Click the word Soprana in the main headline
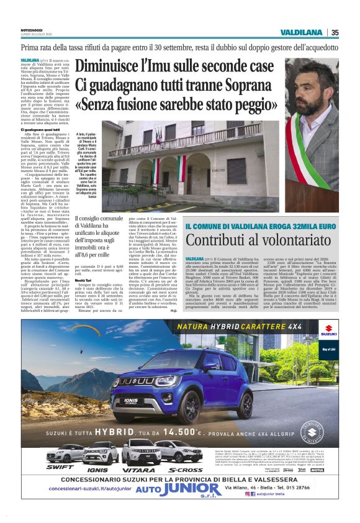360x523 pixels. pyautogui.click(x=250, y=84)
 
